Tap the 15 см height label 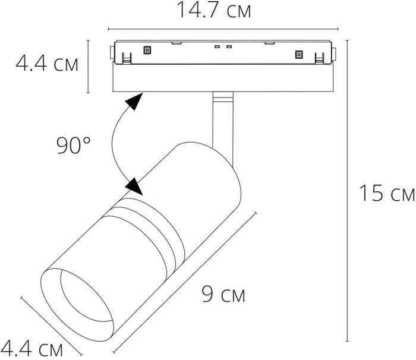pos(386,193)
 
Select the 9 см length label pos(223,294)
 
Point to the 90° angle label pos(74,145)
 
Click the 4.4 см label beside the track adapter pos(46,64)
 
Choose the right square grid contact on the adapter pos(299,55)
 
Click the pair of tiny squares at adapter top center pos(222,46)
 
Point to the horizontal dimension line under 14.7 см pos(223,28)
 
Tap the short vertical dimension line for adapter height pos(89,66)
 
